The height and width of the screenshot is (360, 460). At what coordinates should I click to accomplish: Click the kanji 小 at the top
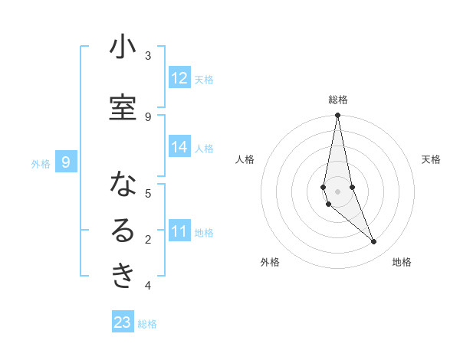(x=123, y=47)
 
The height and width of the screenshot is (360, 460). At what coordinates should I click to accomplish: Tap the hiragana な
(x=123, y=185)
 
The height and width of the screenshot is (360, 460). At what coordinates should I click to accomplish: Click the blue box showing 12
(x=179, y=78)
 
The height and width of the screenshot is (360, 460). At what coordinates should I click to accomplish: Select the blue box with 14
(x=179, y=147)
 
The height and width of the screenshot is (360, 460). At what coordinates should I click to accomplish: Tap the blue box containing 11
(x=179, y=231)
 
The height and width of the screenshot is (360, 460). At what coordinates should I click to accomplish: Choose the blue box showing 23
(x=123, y=322)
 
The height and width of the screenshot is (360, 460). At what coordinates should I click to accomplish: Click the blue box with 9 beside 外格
(x=66, y=162)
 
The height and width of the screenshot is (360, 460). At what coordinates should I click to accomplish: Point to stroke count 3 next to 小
(x=148, y=56)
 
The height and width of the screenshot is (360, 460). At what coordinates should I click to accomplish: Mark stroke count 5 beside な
(x=148, y=193)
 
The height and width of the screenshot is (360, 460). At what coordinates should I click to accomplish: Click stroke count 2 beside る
(x=148, y=240)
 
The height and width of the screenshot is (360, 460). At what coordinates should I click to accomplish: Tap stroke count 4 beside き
(x=148, y=286)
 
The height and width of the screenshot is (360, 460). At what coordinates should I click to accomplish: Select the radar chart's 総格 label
(x=338, y=99)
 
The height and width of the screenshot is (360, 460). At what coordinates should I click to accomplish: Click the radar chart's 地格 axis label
(x=402, y=262)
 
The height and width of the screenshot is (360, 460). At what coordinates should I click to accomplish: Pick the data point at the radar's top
(x=337, y=116)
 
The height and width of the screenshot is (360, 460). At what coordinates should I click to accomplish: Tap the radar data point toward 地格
(x=374, y=241)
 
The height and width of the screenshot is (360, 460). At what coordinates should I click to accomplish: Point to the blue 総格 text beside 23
(x=147, y=324)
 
